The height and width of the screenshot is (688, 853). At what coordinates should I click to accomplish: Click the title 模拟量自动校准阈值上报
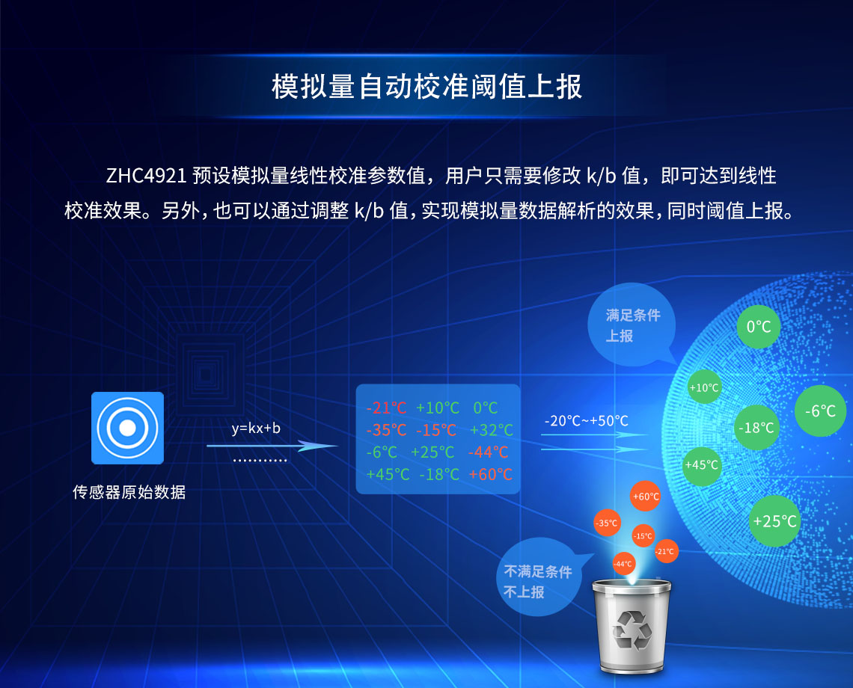tap(426, 87)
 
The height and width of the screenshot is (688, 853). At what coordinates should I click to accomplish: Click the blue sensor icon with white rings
tap(127, 428)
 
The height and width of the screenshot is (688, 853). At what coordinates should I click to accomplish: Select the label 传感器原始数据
tap(129, 492)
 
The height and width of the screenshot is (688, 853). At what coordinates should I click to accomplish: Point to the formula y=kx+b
tap(256, 429)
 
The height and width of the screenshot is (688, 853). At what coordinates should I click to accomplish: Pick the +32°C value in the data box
tap(492, 430)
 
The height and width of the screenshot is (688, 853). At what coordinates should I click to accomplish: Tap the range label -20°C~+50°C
tap(587, 421)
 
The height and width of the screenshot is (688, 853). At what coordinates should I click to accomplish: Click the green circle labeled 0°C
tap(759, 327)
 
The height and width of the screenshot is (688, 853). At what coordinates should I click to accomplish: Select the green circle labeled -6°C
tap(820, 411)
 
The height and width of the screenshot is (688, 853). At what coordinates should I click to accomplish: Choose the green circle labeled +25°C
tap(774, 521)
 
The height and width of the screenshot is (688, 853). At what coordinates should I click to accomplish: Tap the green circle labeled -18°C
tap(756, 428)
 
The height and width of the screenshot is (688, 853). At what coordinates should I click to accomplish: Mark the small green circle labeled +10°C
tap(703, 387)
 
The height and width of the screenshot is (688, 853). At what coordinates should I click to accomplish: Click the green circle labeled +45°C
tap(701, 464)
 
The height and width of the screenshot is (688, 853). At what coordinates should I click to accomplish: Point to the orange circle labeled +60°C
tap(645, 497)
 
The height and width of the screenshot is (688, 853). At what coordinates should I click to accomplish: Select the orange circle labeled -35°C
tap(606, 523)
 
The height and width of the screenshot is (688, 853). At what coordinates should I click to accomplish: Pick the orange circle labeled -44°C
tap(623, 563)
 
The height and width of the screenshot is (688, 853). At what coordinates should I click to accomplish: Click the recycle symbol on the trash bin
tap(633, 629)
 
